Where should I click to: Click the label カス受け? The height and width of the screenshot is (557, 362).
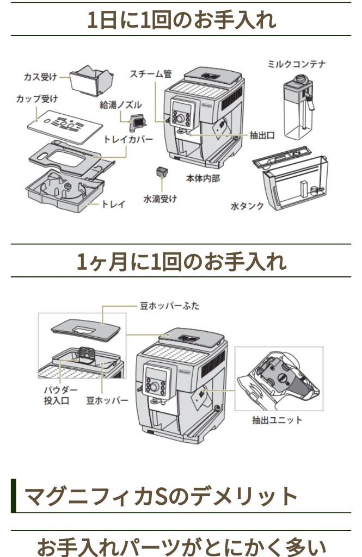tap(40, 77)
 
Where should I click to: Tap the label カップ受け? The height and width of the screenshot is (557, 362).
tap(37, 98)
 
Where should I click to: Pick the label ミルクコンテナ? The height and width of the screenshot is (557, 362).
tap(297, 64)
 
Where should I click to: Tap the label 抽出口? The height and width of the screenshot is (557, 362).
tap(262, 135)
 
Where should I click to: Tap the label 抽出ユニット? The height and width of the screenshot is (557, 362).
tap(277, 420)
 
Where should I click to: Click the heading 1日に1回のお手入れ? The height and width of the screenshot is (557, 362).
tap(181, 20)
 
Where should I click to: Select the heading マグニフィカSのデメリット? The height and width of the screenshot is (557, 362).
tap(161, 496)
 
